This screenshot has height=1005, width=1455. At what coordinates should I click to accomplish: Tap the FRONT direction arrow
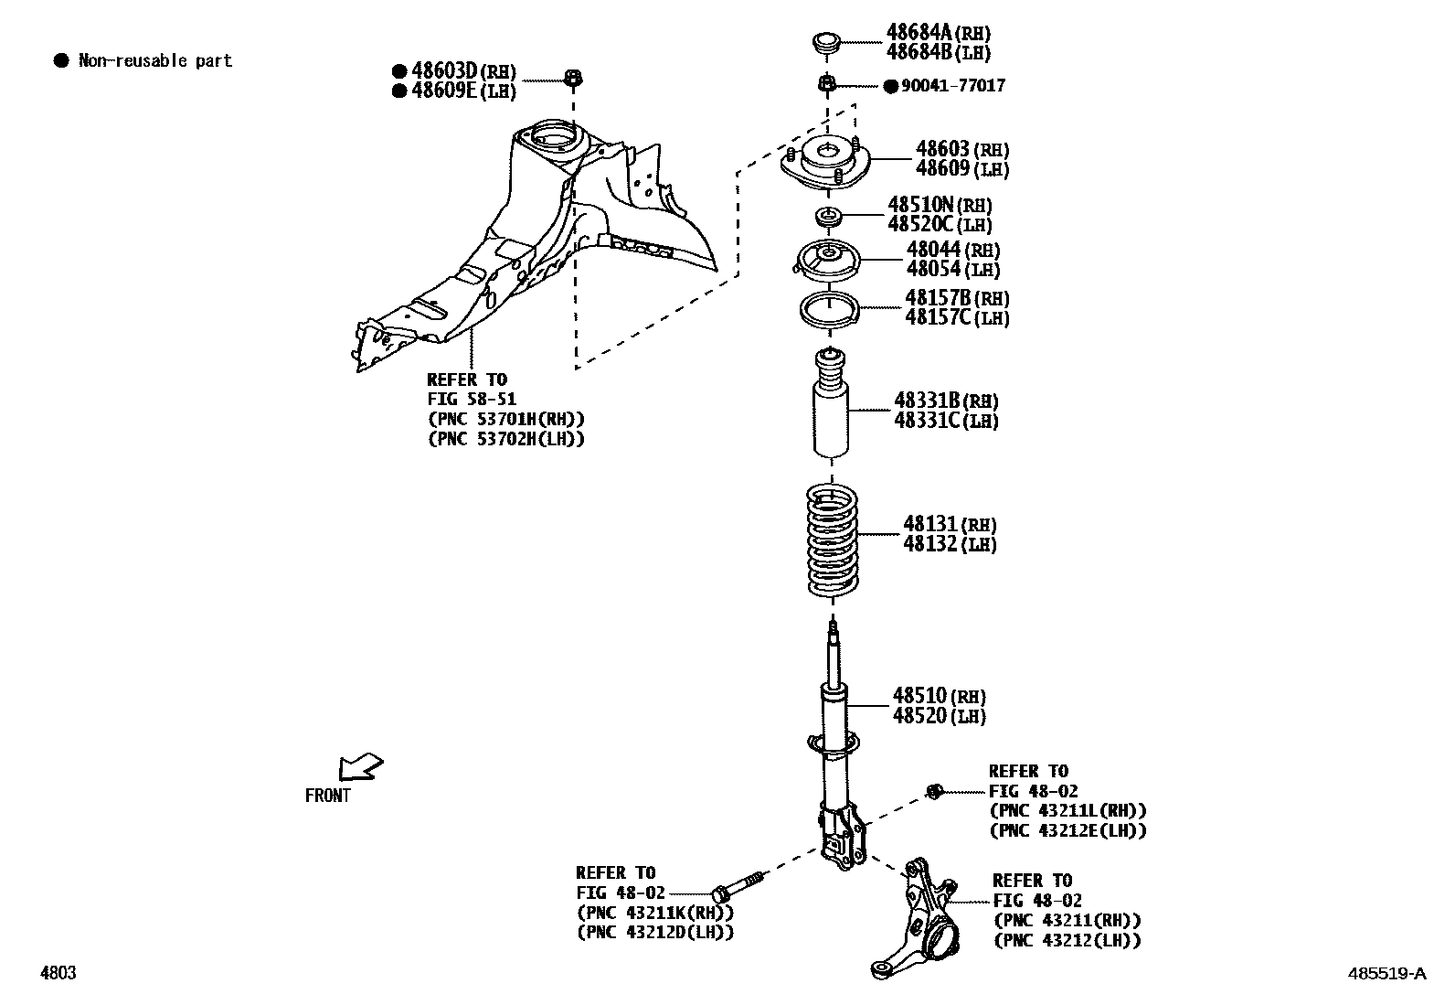360,766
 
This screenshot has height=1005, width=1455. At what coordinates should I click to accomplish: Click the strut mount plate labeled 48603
827,165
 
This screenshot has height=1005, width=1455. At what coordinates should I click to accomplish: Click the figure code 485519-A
1386,973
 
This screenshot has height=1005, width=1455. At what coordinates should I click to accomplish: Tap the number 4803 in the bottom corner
58,973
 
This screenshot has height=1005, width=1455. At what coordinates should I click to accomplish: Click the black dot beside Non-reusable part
61,61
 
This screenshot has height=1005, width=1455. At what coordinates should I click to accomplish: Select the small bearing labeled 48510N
828,218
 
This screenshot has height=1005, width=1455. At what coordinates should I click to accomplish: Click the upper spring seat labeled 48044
827,261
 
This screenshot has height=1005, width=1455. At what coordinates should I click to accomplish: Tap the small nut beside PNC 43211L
934,791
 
